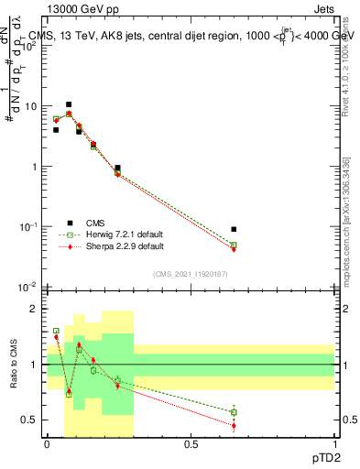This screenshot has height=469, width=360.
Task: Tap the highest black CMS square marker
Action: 69,104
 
